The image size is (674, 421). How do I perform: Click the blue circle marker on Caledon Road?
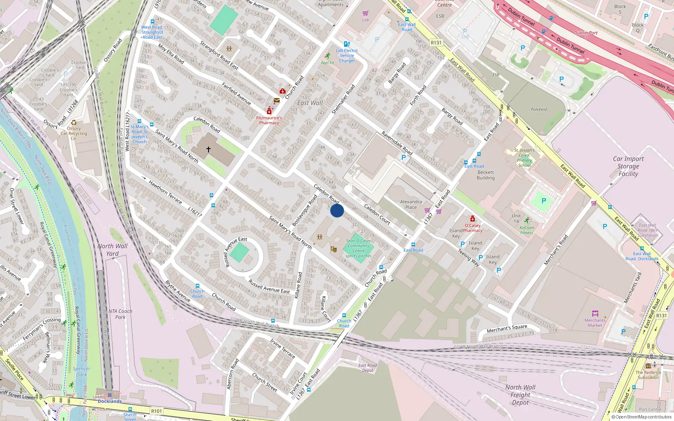tap(337, 210)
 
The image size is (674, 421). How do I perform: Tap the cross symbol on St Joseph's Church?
tap(208, 149)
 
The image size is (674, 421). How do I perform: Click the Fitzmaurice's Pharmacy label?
tap(269, 120)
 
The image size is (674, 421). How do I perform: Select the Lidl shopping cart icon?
tap(365, 13)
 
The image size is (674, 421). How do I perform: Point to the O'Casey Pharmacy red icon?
tap(473, 218)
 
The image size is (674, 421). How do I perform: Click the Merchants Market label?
tap(595, 322)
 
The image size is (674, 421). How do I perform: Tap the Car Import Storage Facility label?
tap(628, 166)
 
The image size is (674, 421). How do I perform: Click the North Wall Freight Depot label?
tap(520, 395)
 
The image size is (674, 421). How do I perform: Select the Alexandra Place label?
tap(411, 204)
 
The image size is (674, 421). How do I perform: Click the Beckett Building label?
tap(486, 175)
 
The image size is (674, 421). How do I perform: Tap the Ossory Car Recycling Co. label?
tap(74, 133)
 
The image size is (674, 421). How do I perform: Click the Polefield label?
tap(539, 109)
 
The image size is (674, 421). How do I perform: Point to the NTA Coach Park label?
tap(120, 314)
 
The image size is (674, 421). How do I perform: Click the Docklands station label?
tap(110, 401)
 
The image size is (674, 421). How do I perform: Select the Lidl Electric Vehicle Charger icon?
tap(347, 44)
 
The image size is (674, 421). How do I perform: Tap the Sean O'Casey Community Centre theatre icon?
tap(333, 249)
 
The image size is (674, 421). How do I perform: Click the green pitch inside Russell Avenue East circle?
tap(240, 253)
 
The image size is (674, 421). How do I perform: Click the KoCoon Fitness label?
tap(527, 230)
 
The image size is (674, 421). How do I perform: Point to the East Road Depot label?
tap(367, 368)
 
